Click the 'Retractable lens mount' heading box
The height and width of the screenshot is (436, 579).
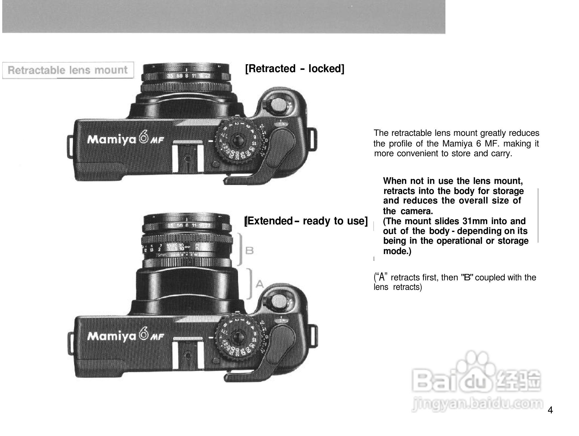click(x=68, y=70)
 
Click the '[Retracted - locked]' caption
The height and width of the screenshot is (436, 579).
click(x=295, y=68)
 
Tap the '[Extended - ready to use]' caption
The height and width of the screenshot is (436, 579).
click(x=306, y=221)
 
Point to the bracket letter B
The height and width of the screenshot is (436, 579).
click(x=249, y=251)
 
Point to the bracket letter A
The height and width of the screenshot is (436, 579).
click(x=260, y=285)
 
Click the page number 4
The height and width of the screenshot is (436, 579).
click(x=550, y=411)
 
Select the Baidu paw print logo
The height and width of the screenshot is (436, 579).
click(x=475, y=364)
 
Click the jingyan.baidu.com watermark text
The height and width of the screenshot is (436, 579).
click(x=477, y=404)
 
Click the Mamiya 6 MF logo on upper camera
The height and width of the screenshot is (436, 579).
click(x=126, y=139)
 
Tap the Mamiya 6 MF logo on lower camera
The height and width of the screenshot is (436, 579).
click(x=126, y=335)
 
